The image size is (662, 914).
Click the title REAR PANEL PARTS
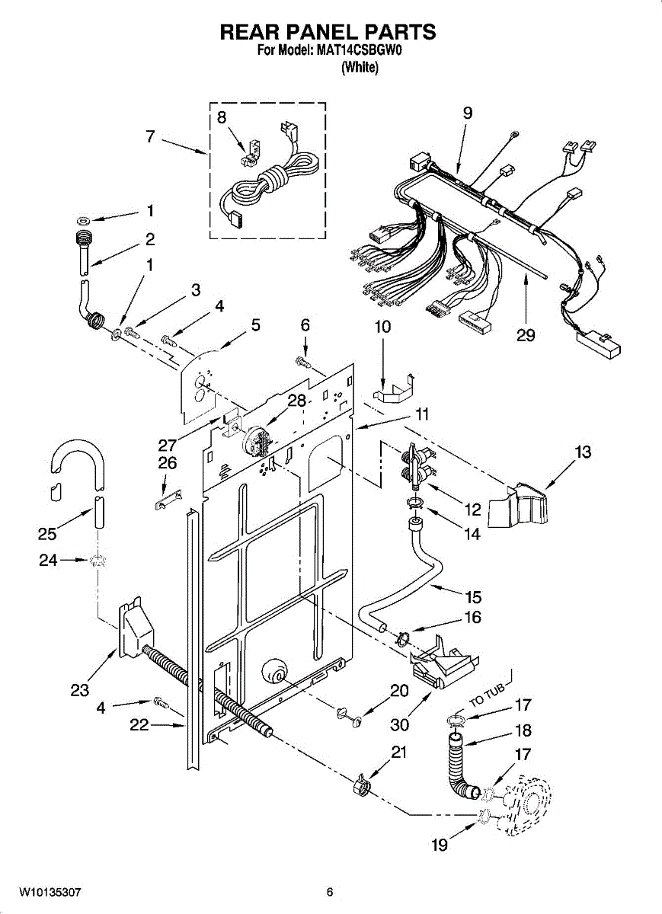(x=328, y=32)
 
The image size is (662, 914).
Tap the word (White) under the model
(x=360, y=68)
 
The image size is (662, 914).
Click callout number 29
(x=526, y=335)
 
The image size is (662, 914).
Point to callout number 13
(x=583, y=452)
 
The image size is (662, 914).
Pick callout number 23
(x=79, y=690)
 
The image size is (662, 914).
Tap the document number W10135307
(x=50, y=892)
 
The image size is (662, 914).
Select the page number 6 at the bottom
(x=330, y=892)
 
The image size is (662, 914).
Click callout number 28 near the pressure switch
(x=296, y=401)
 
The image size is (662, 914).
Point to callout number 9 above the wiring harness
(x=468, y=113)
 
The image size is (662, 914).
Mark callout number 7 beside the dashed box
(x=150, y=136)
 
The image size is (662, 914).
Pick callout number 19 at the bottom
(x=440, y=845)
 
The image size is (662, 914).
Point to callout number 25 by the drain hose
(x=47, y=534)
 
